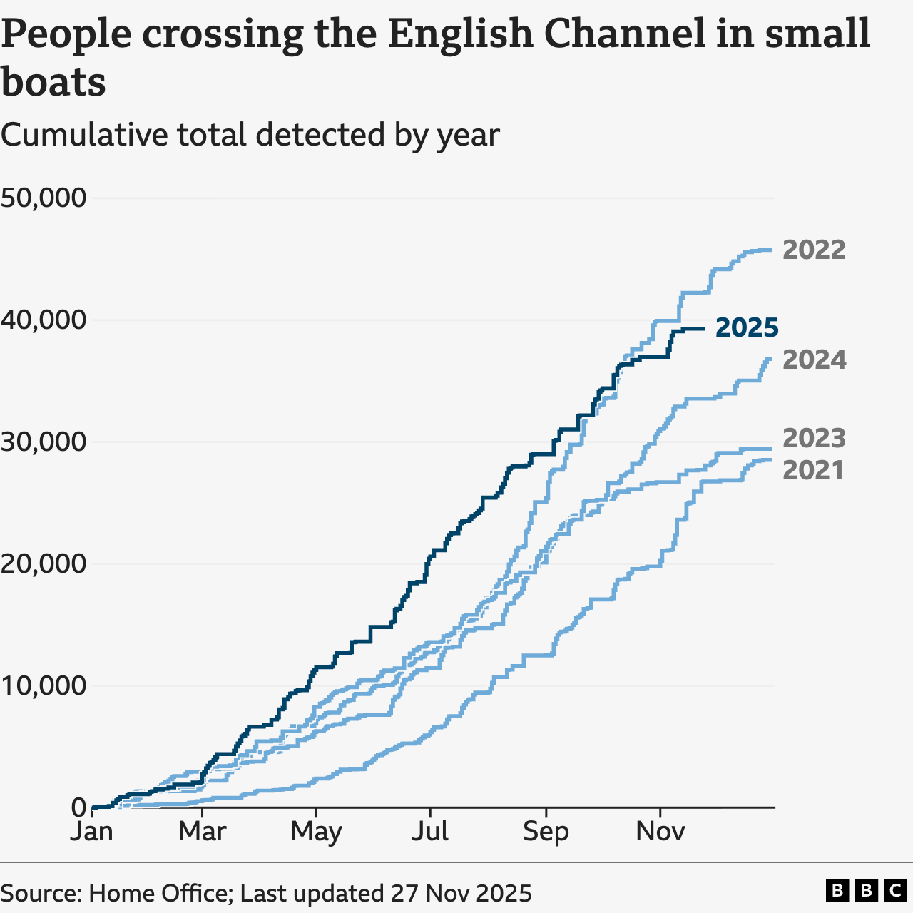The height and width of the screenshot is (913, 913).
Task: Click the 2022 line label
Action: click(x=814, y=250)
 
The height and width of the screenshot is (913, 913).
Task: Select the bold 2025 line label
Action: click(x=747, y=327)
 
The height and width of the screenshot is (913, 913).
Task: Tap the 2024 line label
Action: click(x=814, y=359)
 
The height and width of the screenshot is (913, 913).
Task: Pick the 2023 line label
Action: click(x=814, y=438)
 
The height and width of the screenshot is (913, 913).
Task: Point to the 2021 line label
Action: click(x=813, y=470)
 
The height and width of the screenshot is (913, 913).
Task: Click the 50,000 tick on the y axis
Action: click(x=44, y=198)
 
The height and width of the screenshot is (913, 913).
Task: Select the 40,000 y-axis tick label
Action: click(x=44, y=320)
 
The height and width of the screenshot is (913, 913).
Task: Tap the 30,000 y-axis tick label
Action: click(x=44, y=442)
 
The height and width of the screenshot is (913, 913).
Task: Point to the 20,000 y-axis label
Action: click(x=44, y=563)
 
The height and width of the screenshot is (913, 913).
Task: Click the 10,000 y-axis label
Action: click(x=44, y=685)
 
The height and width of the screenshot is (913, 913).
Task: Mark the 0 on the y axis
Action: click(x=78, y=807)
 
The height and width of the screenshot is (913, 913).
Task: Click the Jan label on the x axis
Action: click(x=91, y=832)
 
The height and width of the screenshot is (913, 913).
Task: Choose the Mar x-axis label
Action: click(x=203, y=832)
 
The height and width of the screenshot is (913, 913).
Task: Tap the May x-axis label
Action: click(x=316, y=832)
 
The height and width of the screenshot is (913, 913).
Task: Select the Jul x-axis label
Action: click(x=430, y=832)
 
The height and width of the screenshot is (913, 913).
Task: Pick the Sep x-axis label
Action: click(x=546, y=832)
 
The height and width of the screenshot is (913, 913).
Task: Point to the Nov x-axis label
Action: click(x=660, y=832)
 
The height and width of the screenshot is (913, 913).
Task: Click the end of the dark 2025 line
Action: click(x=705, y=329)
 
